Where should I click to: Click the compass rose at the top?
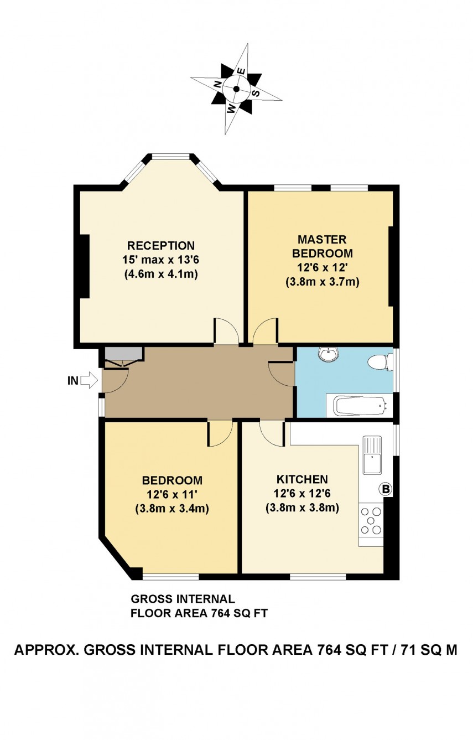[237, 89]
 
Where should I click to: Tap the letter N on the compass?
[218, 84]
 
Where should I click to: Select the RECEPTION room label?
[161, 246]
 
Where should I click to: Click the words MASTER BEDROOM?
[322, 246]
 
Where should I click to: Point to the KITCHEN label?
[302, 479]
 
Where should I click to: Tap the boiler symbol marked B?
[385, 489]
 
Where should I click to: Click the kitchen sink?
[372, 456]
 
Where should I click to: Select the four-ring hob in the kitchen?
[371, 520]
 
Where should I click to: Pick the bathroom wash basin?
[330, 354]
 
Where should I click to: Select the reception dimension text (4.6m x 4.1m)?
[161, 274]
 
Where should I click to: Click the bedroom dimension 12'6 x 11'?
[171, 494]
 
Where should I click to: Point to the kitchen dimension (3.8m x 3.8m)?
[302, 508]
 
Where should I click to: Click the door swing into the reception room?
[226, 332]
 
